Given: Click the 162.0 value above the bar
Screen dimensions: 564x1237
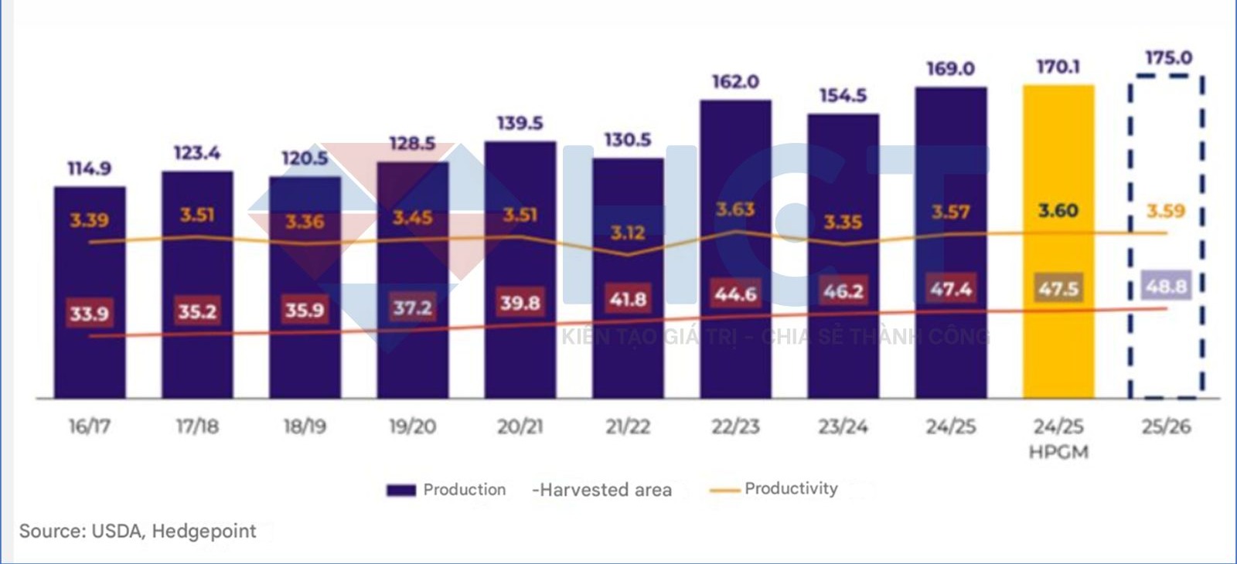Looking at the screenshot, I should [735, 82].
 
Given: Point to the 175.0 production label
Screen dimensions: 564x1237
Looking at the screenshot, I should [1168, 58].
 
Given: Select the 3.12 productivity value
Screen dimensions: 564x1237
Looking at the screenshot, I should [627, 233].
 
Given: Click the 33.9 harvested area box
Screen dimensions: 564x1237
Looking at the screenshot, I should [89, 314].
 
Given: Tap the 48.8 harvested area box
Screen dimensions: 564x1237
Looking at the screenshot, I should [1166, 287].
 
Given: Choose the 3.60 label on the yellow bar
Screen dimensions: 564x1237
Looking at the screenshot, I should [1058, 211].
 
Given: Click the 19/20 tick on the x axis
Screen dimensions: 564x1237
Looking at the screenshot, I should [412, 426].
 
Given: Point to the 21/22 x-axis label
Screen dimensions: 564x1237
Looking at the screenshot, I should [627, 426].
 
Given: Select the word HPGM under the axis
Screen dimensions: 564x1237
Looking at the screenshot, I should [1058, 452].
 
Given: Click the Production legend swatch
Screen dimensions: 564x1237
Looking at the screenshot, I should [401, 490].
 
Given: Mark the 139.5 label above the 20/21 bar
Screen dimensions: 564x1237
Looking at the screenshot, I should [520, 124].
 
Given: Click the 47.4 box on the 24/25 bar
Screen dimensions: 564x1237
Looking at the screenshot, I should [951, 289].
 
